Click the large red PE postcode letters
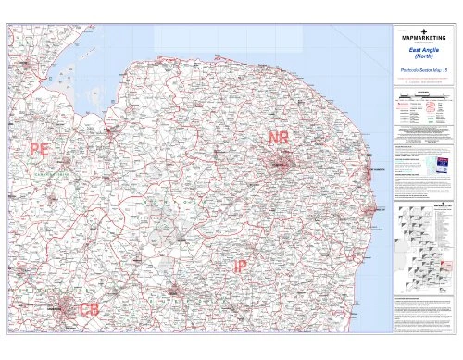click(39, 148)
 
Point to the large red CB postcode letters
click(90, 308)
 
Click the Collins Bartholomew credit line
click(425, 81)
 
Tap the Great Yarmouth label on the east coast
click(376, 171)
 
